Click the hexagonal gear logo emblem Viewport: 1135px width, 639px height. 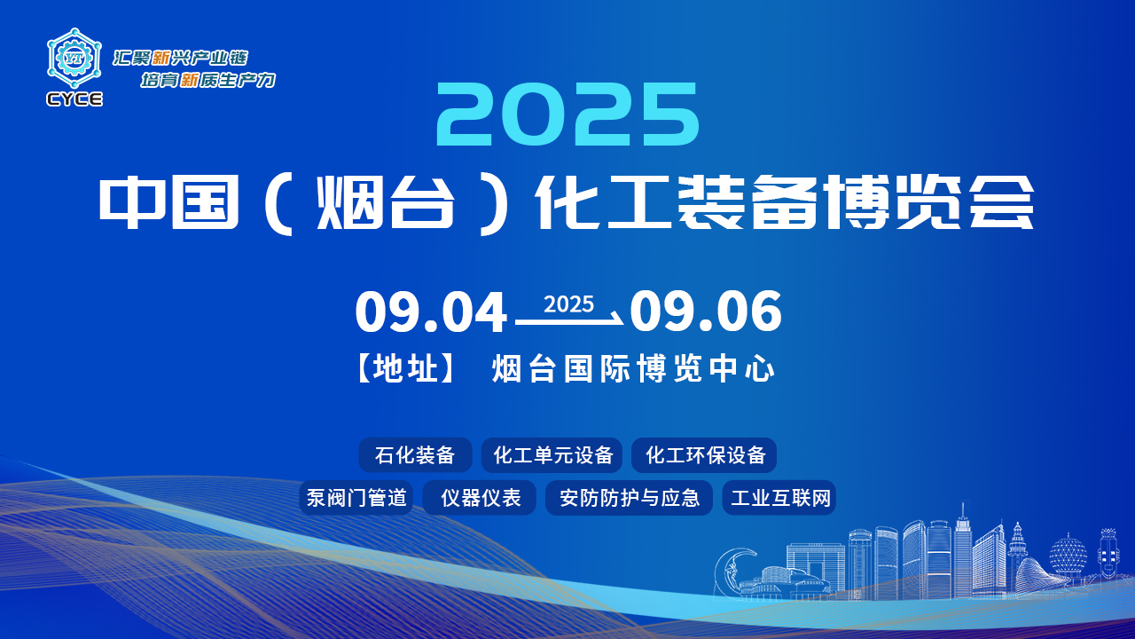coord(74,59)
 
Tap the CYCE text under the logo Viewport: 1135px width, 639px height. coord(74,99)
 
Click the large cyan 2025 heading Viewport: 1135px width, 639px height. coord(567,114)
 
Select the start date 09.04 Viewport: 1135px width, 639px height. coord(431,312)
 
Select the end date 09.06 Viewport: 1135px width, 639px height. coord(706,312)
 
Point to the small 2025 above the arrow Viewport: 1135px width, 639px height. coord(568,304)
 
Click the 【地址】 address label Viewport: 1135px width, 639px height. coord(405,368)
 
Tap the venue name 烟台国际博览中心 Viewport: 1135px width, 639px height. coord(633,368)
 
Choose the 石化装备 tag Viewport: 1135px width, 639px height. coord(415,455)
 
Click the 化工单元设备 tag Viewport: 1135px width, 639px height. coord(552,455)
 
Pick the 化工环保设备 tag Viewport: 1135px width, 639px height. coord(704,455)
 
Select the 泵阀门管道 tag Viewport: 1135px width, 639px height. coord(356,498)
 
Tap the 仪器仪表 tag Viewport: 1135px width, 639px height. coord(480,498)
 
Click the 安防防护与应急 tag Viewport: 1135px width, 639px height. coord(629,498)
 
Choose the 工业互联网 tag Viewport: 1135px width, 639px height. coord(779,498)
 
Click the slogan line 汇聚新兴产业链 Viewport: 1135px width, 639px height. coord(180,58)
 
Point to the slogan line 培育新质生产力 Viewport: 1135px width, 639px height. coord(207,80)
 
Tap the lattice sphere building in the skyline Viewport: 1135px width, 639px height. coord(1068,556)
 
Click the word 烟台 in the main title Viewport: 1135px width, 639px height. coord(385,203)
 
